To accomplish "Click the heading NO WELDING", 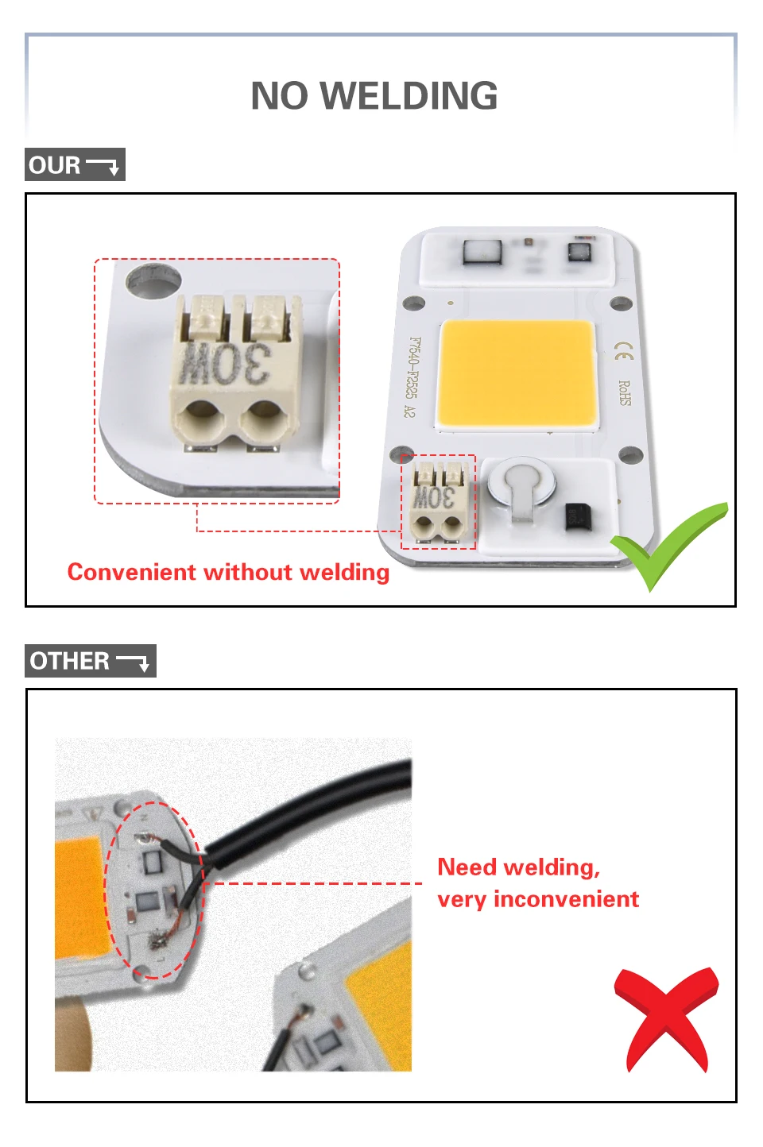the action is (374, 96).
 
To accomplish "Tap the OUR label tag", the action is (75, 165).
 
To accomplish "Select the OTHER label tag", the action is (90, 661).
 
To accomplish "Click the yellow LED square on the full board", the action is (517, 373).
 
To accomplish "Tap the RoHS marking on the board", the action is (625, 393).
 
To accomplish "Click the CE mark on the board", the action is (625, 351).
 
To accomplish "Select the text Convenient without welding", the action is (228, 572).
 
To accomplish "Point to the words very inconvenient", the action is (538, 899).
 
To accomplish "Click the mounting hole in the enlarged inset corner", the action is (153, 280).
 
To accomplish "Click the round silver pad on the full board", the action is (520, 480).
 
